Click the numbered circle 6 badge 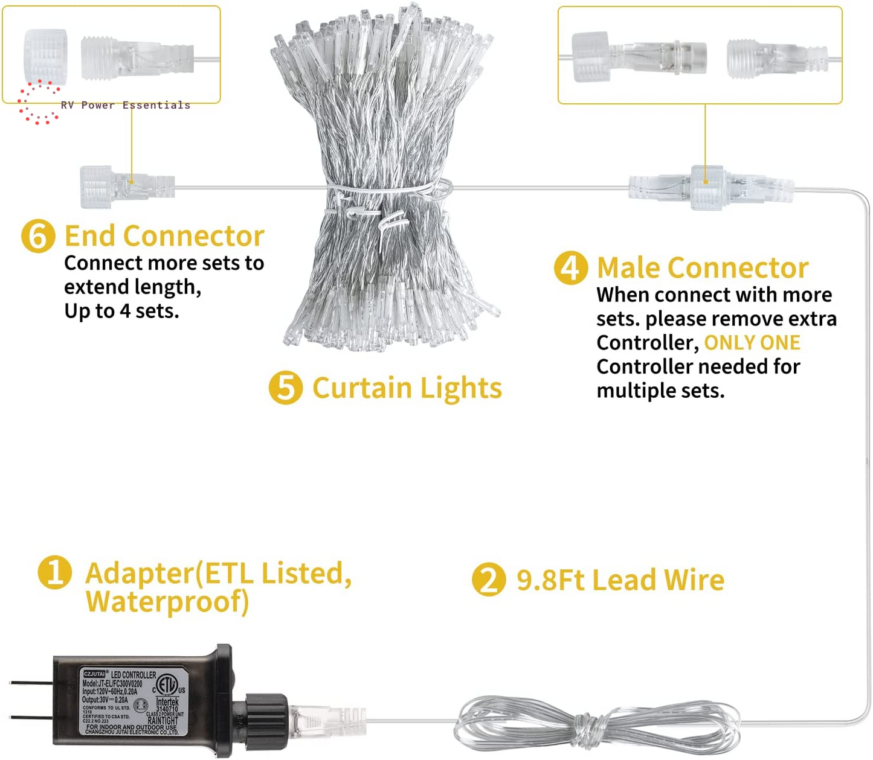[38, 236]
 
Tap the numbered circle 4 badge [570, 268]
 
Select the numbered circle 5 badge [286, 388]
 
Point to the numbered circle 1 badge [55, 572]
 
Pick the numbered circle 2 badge [489, 580]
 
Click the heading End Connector [164, 236]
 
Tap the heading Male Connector [702, 268]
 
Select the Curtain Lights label [407, 388]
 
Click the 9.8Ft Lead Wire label [620, 580]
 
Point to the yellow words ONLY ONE [752, 343]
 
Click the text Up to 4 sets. [121, 311]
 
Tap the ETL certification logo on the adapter [167, 685]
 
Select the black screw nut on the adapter [266, 718]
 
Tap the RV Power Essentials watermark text [125, 105]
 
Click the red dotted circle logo [39, 102]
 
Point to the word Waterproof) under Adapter [167, 602]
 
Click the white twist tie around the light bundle [390, 193]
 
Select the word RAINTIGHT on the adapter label [163, 720]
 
